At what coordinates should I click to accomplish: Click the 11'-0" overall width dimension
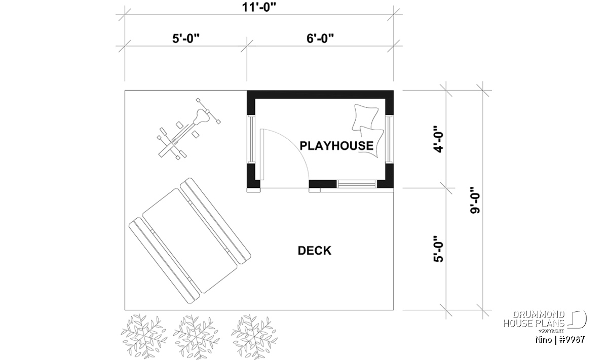click(x=259, y=7)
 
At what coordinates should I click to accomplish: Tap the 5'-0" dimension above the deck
click(x=186, y=38)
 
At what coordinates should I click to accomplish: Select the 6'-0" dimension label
click(x=320, y=38)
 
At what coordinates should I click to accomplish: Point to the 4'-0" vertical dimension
click(x=438, y=139)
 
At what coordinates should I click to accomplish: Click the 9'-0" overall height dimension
click(x=475, y=200)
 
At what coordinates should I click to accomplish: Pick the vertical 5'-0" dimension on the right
click(x=438, y=249)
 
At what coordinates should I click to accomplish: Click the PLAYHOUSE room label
click(x=336, y=146)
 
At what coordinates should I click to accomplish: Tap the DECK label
click(x=315, y=251)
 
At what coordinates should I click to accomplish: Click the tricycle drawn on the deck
click(x=189, y=129)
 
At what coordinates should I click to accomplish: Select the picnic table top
click(x=189, y=241)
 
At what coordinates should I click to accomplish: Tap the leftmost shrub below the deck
click(x=144, y=336)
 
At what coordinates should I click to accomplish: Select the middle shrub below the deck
click(x=196, y=337)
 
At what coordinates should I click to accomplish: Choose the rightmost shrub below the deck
click(x=254, y=337)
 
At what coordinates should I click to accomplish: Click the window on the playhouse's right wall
click(x=389, y=139)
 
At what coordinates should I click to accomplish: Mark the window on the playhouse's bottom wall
click(x=357, y=184)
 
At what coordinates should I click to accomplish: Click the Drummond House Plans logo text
click(x=534, y=319)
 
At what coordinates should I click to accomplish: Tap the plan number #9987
click(x=572, y=339)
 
